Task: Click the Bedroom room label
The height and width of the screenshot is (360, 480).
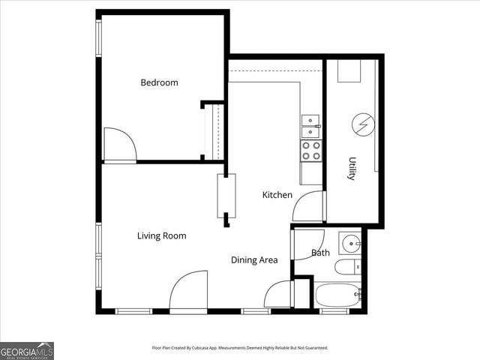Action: (x=159, y=82)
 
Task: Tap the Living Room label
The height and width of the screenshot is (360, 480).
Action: (x=161, y=235)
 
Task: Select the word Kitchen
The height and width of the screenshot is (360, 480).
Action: (x=277, y=195)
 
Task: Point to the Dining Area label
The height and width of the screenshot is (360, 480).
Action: (x=254, y=260)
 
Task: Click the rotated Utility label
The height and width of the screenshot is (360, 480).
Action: (x=351, y=169)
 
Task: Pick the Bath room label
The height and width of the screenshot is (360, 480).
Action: (x=320, y=253)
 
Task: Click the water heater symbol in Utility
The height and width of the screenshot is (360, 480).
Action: (x=363, y=124)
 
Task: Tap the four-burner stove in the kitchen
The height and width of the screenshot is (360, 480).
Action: (x=310, y=151)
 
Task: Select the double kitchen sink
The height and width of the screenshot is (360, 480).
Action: (x=310, y=126)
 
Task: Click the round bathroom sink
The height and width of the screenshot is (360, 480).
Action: (x=350, y=243)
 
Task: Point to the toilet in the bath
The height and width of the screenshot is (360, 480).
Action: (x=347, y=268)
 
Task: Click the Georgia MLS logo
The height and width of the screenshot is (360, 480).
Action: (x=27, y=350)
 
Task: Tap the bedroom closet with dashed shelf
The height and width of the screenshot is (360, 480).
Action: (x=214, y=131)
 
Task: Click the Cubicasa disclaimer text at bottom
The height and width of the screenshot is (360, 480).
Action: (x=240, y=348)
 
